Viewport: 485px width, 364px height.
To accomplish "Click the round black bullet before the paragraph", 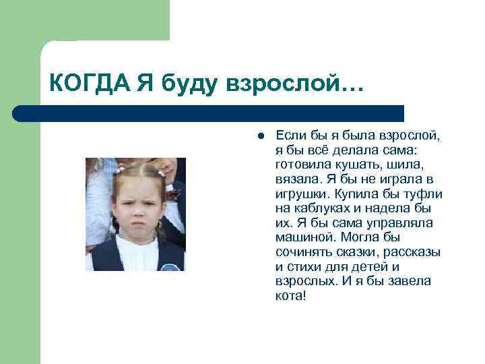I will tap(259, 135).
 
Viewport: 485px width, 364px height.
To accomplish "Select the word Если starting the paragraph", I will tap(292, 135).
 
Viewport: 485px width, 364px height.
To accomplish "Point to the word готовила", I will tap(301, 164).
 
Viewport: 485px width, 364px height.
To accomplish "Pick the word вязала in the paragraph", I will tap(296, 179).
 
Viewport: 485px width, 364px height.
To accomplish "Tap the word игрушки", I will tap(301, 193).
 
